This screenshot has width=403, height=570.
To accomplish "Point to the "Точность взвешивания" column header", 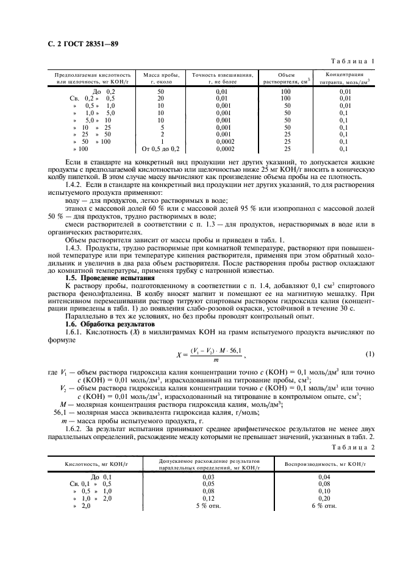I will (222, 77).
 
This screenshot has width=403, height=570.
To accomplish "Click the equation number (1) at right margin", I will (368, 354).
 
